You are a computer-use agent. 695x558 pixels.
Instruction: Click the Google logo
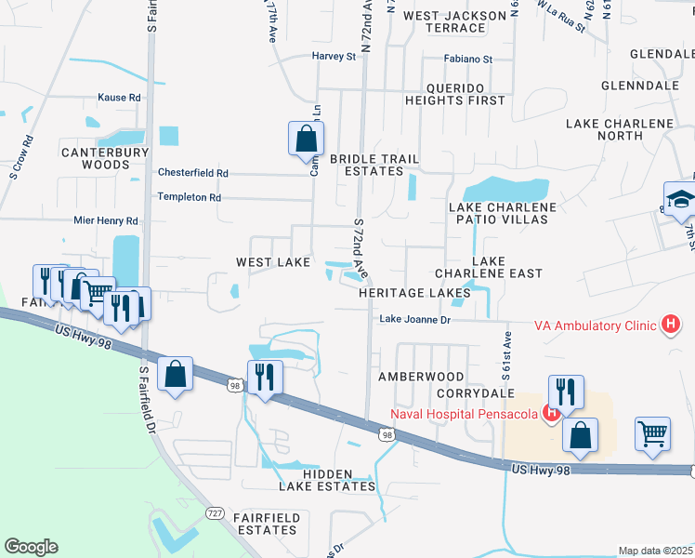pos(31,547)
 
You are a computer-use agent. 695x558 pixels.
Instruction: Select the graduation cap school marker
pos(680,199)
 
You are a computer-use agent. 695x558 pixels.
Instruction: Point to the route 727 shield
pos(216,512)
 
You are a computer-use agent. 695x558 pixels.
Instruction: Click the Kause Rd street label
pos(119,97)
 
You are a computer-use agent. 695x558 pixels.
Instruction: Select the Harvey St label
pos(334,57)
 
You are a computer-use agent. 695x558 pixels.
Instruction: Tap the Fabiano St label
pos(466,59)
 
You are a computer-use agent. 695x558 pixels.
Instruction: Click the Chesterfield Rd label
pos(192,173)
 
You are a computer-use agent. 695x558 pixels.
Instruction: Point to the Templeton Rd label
pos(189,197)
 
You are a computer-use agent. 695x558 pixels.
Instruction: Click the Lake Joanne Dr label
pos(414,320)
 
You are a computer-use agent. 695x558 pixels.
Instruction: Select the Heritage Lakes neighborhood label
pos(415,292)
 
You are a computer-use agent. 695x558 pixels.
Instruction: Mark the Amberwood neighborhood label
pos(421,377)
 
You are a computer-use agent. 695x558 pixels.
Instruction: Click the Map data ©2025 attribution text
pos(655,551)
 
